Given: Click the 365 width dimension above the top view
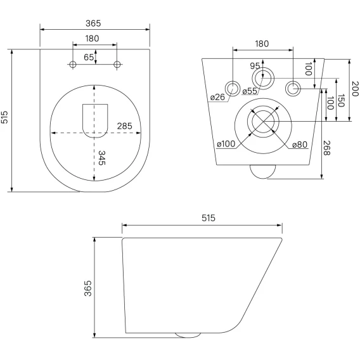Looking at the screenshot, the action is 93,23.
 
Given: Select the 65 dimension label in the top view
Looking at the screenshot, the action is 89,57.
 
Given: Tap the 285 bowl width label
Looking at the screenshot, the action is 125,126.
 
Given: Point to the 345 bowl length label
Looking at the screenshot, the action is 101,158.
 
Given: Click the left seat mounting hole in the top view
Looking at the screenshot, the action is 73,65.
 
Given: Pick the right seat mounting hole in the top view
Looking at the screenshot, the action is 117,65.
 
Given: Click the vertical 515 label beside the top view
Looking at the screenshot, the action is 4,117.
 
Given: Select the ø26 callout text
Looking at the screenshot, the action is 217,97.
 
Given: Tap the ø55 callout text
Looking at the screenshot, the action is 250,91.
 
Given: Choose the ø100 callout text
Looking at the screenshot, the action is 226,144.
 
